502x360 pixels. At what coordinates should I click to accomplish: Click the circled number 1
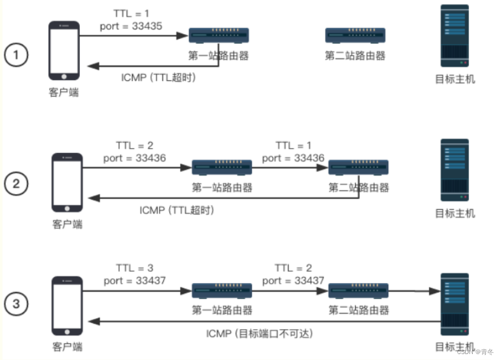16,55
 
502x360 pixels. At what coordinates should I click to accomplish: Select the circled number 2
16,183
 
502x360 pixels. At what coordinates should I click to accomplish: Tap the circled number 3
16,304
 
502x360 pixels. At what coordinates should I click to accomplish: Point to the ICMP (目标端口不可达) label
260,333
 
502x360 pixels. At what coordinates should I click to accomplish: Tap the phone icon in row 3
67,306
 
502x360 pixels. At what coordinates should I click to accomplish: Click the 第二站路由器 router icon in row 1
355,36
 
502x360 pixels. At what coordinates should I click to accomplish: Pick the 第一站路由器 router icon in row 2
222,167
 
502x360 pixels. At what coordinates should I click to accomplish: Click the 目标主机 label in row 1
455,79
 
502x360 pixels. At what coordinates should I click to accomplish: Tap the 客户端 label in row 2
67,224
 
